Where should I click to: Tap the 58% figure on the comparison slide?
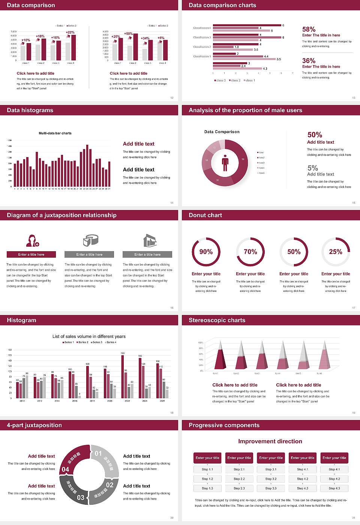[x=309, y=29]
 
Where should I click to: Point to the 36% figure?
[x=309, y=61]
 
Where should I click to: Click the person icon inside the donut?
[x=225, y=162]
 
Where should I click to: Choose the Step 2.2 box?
[x=239, y=479]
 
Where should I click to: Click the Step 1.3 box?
[x=207, y=488]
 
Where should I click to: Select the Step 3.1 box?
[x=271, y=469]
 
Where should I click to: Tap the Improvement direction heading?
[x=270, y=441]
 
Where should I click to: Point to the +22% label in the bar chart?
[x=70, y=33]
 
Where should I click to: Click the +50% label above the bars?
[x=128, y=34]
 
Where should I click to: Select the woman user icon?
[x=32, y=240]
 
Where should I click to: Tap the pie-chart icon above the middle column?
[x=90, y=240]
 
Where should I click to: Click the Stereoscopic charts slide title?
[x=217, y=320]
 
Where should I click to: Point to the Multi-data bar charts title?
[x=55, y=133]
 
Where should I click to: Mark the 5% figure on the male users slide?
[x=312, y=168]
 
